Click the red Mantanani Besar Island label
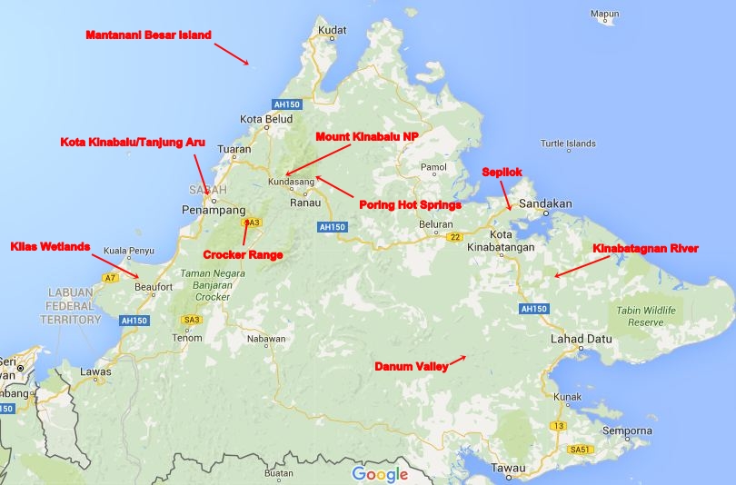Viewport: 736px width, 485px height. point(148,35)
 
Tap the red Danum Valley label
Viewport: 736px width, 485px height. point(412,367)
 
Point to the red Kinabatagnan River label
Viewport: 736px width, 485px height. point(646,248)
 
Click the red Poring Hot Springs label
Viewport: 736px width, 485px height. point(411,205)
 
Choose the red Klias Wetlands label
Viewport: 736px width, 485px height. point(51,246)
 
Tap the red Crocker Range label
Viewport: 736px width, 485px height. point(243,255)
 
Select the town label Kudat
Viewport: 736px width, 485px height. point(332,30)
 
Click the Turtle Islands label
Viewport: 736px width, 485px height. point(568,144)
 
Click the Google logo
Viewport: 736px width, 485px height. point(380,473)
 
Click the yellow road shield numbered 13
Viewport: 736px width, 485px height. point(558,426)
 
